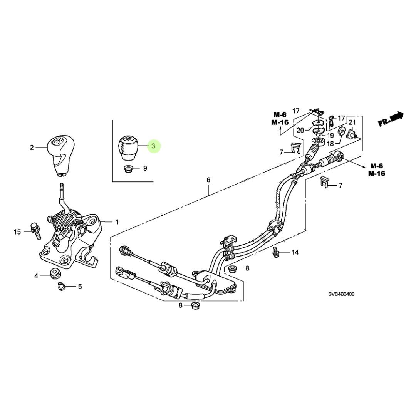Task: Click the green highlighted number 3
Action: pos(153,146)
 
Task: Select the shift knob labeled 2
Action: pos(60,154)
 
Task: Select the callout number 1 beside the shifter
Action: pos(117,222)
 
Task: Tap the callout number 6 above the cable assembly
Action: pos(208,180)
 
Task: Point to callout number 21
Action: pos(352,122)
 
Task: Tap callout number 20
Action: pos(300,130)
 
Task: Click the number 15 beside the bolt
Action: pos(17,231)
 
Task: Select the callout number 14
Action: pos(295,253)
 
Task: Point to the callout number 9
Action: pos(145,168)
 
